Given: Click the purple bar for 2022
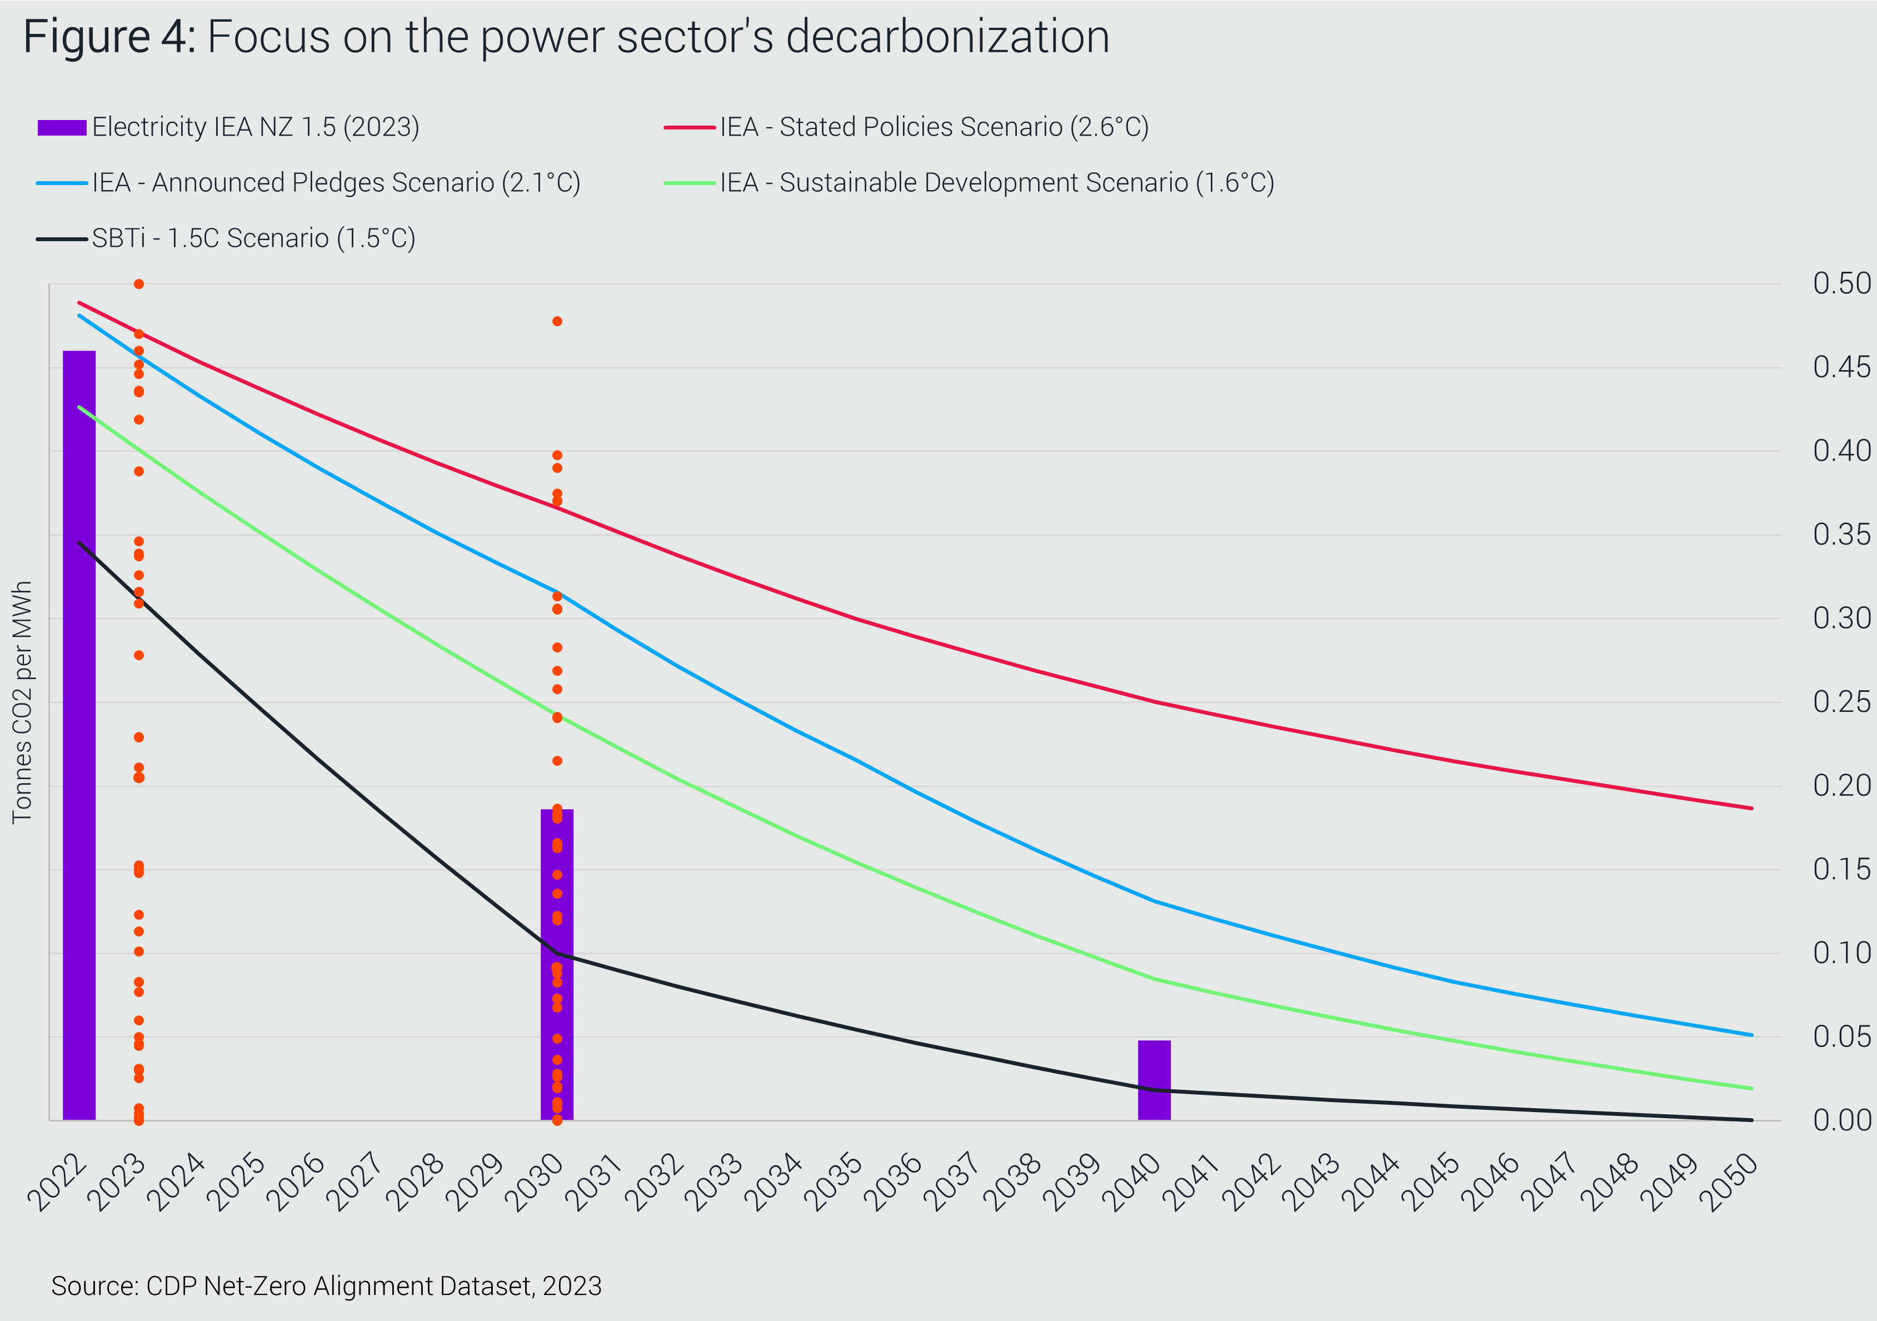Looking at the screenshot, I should click(x=79, y=736).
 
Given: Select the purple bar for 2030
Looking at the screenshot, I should click(x=557, y=965).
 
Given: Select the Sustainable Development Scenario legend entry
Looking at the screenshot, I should click(x=969, y=183).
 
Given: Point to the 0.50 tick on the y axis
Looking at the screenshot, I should click(x=1840, y=283).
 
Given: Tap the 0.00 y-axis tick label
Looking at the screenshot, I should click(x=1840, y=1120).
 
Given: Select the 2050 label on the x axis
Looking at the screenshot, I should click(x=1729, y=1182).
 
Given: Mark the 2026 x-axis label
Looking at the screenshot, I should click(x=296, y=1182).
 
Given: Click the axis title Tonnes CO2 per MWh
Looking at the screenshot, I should click(x=22, y=702).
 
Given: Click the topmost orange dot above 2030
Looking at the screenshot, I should click(x=557, y=321).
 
